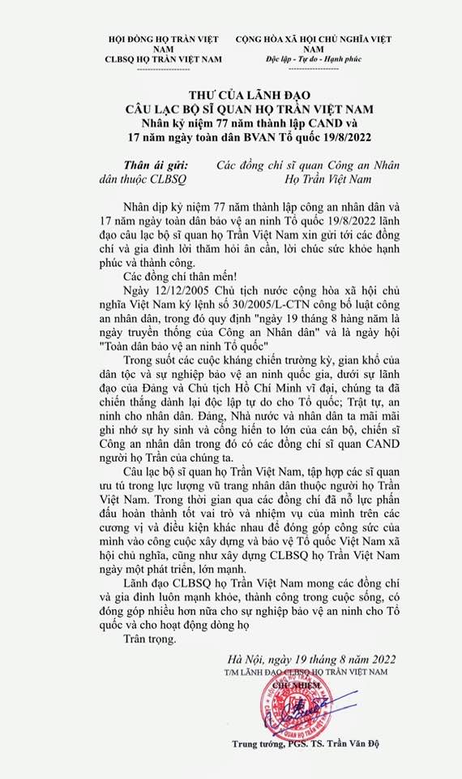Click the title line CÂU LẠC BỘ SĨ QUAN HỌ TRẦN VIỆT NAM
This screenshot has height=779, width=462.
(x=230, y=108)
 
